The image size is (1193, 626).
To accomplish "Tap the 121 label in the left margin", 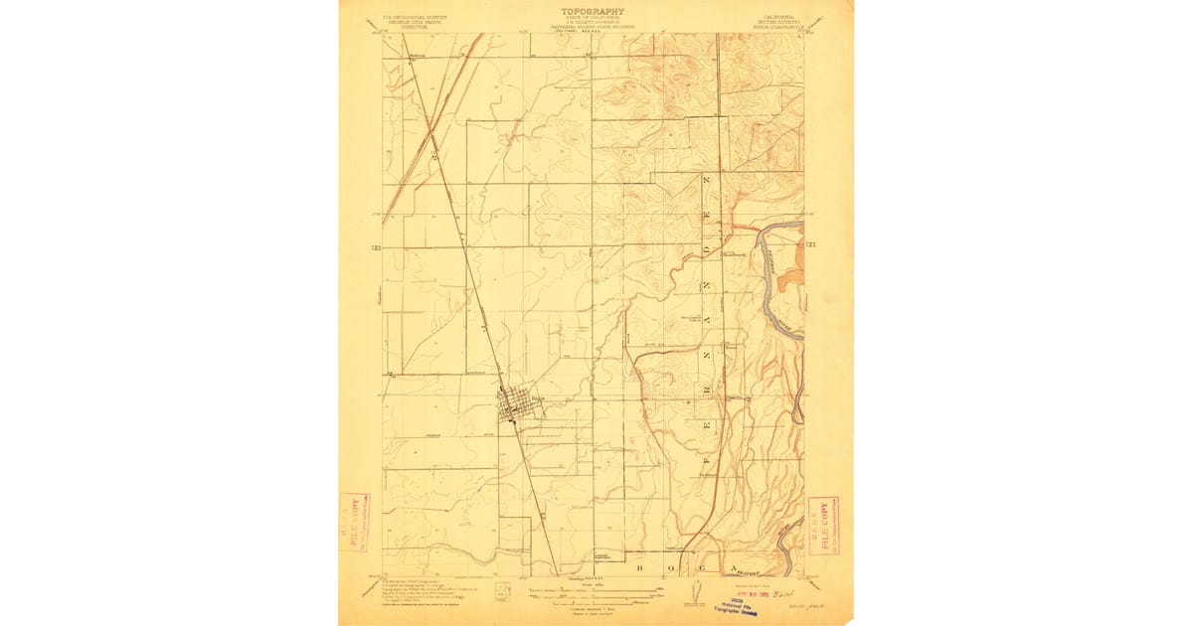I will pyautogui.click(x=377, y=245).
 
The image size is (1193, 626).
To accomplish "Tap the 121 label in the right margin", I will pyautogui.click(x=811, y=244).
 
